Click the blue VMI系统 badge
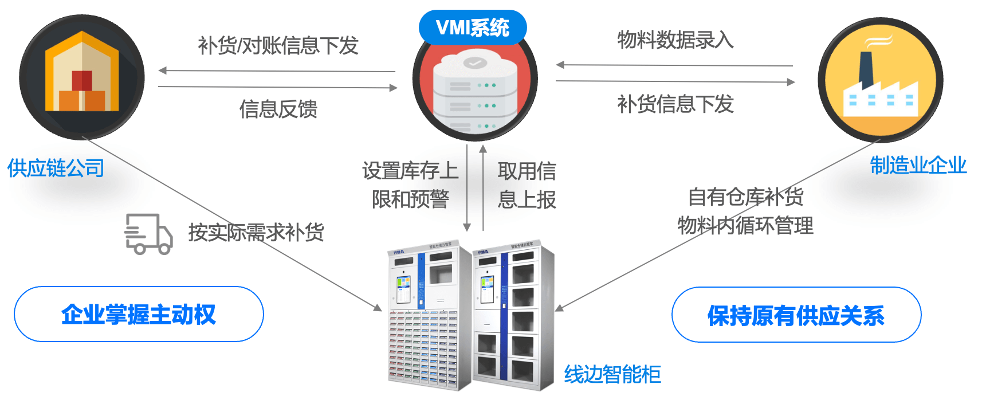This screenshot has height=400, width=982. pyautogui.click(x=473, y=28)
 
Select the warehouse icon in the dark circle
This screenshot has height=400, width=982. pyautogui.click(x=82, y=77)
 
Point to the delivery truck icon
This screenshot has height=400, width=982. pyautogui.click(x=148, y=234)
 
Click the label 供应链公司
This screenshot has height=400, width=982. pyautogui.click(x=56, y=168)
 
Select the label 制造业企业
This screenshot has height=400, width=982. pyautogui.click(x=918, y=165)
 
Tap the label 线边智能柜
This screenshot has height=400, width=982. pyautogui.click(x=612, y=374)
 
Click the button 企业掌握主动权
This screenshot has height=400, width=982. pyautogui.click(x=139, y=315)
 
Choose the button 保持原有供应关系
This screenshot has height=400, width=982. pyautogui.click(x=796, y=315)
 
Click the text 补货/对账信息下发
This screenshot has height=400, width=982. pyautogui.click(x=278, y=45)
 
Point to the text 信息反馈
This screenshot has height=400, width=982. pyautogui.click(x=278, y=109)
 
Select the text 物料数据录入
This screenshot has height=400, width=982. pyautogui.click(x=675, y=40)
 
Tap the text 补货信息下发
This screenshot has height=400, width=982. pyautogui.click(x=675, y=104)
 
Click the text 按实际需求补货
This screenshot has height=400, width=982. pyautogui.click(x=256, y=233)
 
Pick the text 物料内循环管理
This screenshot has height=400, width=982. pyautogui.click(x=745, y=225)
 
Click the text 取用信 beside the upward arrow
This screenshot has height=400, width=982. pyautogui.click(x=527, y=171)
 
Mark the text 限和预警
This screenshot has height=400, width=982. pyautogui.click(x=410, y=199)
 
